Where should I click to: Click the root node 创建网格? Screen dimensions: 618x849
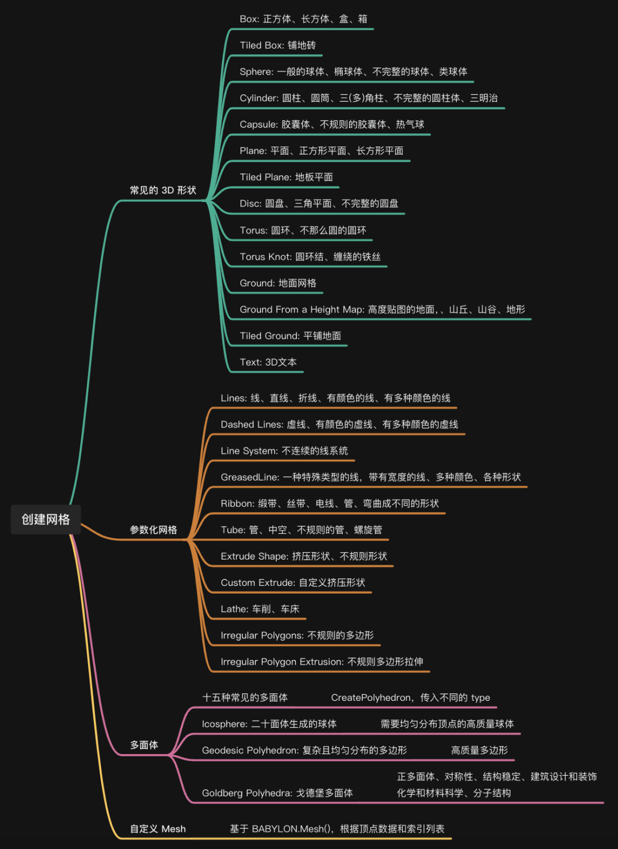pyautogui.click(x=46, y=519)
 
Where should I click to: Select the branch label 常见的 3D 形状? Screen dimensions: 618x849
pyautogui.click(x=163, y=191)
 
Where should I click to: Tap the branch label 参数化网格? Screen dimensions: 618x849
pyautogui.click(x=153, y=530)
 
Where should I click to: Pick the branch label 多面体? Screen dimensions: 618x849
pyautogui.click(x=144, y=745)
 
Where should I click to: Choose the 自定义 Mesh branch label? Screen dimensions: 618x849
pyautogui.click(x=158, y=829)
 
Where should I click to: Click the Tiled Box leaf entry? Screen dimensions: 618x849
pyautogui.click(x=278, y=45)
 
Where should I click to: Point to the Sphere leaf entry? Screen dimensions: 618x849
pyautogui.click(x=353, y=72)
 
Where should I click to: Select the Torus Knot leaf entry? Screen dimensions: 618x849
pyautogui.click(x=310, y=257)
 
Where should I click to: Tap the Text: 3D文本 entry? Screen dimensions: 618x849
pyautogui.click(x=268, y=362)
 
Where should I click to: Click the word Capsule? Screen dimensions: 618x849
pyautogui.click(x=257, y=124)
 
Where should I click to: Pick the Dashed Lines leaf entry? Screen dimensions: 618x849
pyautogui.click(x=339, y=424)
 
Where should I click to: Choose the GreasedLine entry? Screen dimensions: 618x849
pyautogui.click(x=370, y=477)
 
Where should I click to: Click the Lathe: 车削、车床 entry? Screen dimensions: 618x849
pyautogui.click(x=260, y=609)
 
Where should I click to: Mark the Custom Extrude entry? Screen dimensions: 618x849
pyautogui.click(x=292, y=583)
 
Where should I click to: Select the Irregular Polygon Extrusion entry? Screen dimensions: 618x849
pyautogui.click(x=322, y=662)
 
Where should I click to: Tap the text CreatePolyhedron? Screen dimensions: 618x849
pyautogui.click(x=371, y=697)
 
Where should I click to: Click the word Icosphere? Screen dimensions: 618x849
pyautogui.click(x=224, y=724)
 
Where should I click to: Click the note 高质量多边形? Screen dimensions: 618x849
pyautogui.click(x=479, y=751)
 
